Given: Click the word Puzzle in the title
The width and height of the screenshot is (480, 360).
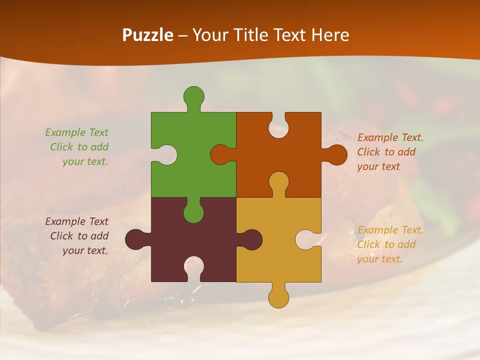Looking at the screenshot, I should tap(148, 35).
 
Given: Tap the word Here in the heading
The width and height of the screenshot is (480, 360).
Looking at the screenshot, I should tap(330, 35).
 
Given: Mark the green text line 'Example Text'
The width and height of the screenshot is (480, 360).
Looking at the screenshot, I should tap(76, 132).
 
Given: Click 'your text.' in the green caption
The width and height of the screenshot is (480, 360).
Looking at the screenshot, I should tap(85, 161).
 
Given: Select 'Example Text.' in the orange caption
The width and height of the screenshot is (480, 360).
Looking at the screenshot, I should tap(390, 137).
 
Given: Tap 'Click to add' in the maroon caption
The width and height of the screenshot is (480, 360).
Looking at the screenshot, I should tap(79, 236).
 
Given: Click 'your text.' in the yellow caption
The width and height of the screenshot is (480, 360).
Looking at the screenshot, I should tap(379, 259).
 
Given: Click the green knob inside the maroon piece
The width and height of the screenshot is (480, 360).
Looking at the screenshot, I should tap(193, 212).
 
